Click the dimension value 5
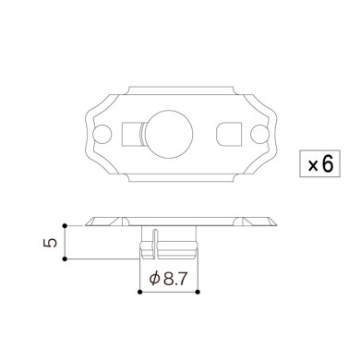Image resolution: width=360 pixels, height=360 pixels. pyautogui.click(x=52, y=242)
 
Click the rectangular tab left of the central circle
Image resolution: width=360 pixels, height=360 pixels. pyautogui.click(x=132, y=135)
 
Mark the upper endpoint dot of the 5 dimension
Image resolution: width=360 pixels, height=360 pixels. pyautogui.click(x=65, y=224)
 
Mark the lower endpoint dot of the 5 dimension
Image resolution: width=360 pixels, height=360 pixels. pyautogui.click(x=65, y=261)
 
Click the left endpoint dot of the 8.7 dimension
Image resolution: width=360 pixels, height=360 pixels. pyautogui.click(x=138, y=292)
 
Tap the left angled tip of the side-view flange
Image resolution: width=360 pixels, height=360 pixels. pyautogui.click(x=88, y=222)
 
